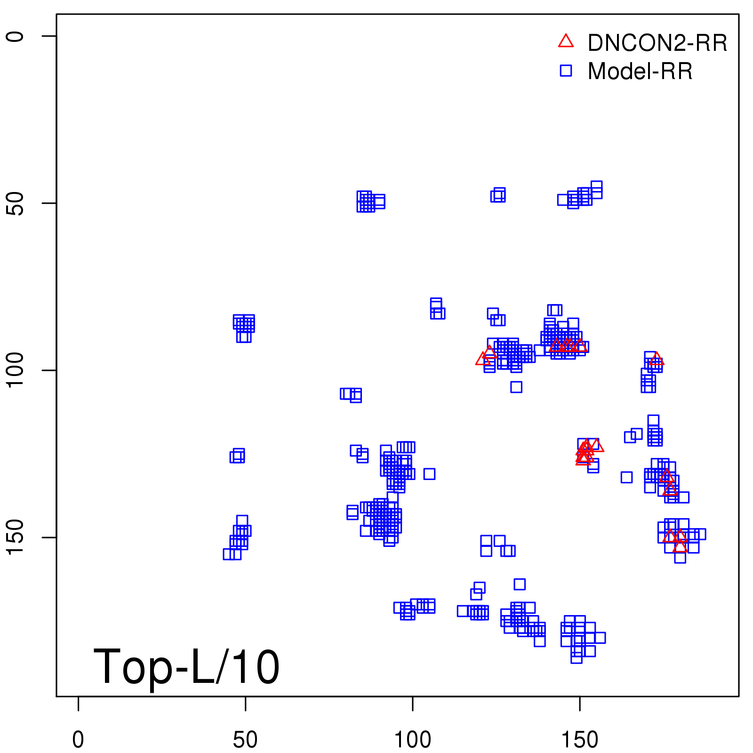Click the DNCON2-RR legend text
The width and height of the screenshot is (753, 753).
[657, 43]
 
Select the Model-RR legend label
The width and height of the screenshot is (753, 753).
[640, 72]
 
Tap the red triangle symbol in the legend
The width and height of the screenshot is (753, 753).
[566, 41]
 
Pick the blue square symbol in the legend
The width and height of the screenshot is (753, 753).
[566, 71]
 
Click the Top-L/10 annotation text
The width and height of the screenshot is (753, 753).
[186, 666]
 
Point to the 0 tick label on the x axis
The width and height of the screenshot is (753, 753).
[78, 740]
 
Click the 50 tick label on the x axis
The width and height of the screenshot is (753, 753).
[245, 740]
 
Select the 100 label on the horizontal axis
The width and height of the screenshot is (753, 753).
[412, 740]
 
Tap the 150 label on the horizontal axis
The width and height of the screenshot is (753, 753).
[580, 740]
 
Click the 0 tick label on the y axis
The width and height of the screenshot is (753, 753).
[15, 36]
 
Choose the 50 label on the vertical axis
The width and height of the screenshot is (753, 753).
[15, 203]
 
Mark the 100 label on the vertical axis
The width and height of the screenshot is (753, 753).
[15, 370]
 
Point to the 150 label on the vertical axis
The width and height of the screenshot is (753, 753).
[15, 537]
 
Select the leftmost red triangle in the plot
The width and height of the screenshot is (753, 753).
[483, 359]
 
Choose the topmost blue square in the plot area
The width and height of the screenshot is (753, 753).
[596, 187]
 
